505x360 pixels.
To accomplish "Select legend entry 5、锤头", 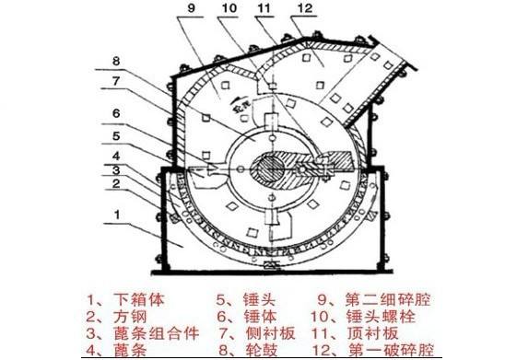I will coord(243,299).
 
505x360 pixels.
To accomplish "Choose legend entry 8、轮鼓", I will coord(243,350).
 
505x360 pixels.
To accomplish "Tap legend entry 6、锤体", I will coord(243,317).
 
